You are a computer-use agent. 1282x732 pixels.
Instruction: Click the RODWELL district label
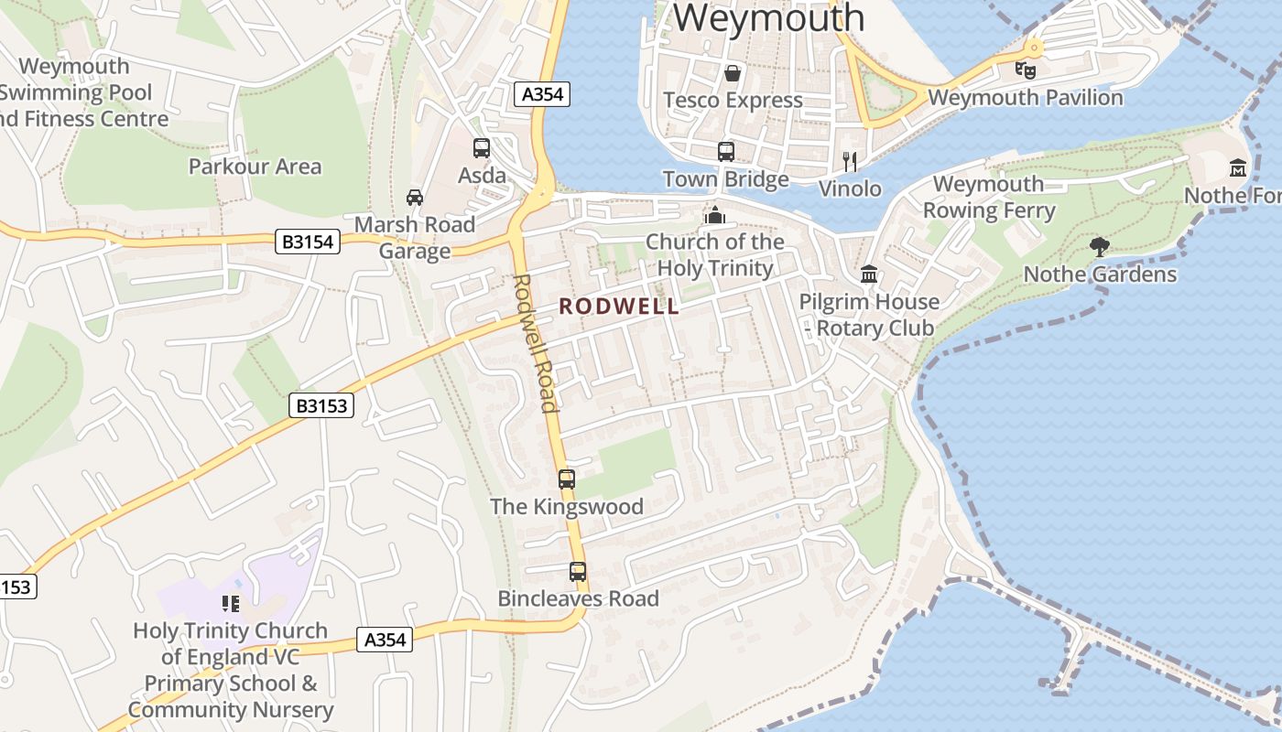tap(619, 307)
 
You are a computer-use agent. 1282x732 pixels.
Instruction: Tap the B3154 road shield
tap(307, 242)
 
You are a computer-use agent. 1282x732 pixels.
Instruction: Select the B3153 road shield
tap(321, 405)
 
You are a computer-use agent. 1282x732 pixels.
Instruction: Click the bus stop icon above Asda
tap(482, 148)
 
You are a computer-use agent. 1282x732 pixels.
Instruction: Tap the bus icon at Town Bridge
tap(726, 152)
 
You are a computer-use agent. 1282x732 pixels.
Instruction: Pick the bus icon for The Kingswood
tap(567, 479)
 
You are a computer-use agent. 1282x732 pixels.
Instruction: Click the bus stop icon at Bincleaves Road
tap(578, 572)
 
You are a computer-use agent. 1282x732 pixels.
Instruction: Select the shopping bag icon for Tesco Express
tap(733, 73)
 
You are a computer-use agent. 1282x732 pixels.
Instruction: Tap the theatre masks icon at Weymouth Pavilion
tap(1026, 70)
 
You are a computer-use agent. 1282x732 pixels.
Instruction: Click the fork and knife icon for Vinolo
tap(850, 162)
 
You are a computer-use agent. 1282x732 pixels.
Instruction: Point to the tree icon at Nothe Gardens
tap(1100, 246)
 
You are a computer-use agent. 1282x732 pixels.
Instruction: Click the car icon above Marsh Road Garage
tap(415, 198)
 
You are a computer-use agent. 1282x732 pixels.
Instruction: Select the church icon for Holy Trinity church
tap(714, 215)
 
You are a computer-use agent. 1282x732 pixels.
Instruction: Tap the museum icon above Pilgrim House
tap(869, 274)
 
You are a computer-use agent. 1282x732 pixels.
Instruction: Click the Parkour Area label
tap(255, 167)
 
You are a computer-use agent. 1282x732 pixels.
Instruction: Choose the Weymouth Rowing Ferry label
tap(988, 197)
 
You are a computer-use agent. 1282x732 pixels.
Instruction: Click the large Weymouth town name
tap(769, 18)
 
